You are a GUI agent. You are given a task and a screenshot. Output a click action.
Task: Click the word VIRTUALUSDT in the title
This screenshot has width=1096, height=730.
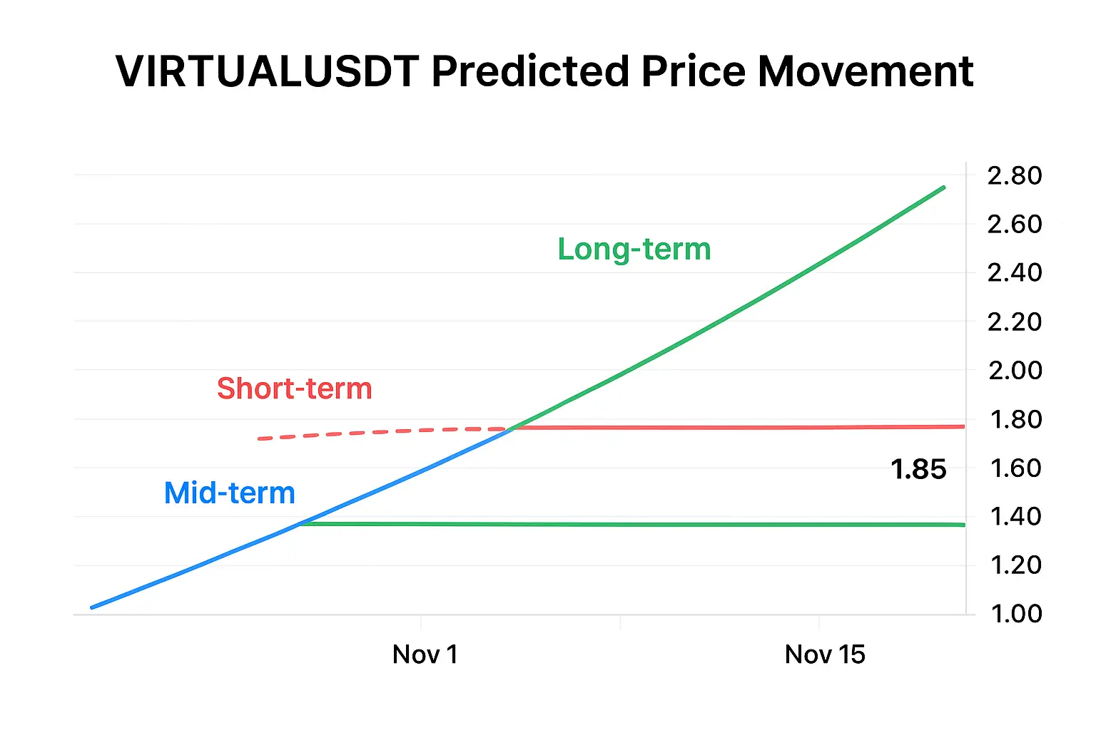pos(267,71)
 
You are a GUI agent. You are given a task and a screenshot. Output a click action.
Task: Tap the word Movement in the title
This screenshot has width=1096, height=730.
pos(865,71)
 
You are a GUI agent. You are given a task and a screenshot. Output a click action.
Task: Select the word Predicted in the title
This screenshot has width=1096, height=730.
pos(530,71)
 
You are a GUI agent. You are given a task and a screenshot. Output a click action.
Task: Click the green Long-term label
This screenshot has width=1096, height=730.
pos(634,250)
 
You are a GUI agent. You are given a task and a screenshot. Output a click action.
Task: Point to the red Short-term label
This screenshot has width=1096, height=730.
pos(294,389)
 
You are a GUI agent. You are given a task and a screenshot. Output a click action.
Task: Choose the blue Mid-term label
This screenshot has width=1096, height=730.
pos(229,493)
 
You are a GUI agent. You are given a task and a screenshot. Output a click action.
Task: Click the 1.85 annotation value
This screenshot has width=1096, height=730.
pos(918,470)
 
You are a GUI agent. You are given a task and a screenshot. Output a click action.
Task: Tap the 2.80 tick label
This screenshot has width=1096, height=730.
pos(1014,175)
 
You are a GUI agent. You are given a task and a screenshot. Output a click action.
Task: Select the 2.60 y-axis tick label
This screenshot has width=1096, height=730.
pos(1014,224)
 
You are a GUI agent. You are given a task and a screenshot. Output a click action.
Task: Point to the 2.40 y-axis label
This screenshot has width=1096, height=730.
pos(1014,272)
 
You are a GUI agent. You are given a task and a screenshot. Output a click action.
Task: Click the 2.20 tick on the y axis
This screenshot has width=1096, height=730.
pos(1014,322)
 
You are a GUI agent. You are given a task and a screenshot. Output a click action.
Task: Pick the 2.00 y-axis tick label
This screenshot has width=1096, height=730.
pos(1014,370)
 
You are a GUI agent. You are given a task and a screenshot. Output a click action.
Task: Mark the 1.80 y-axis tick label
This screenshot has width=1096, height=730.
pos(1015,419)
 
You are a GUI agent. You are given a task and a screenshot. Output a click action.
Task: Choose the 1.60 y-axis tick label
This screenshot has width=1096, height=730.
pos(1015,468)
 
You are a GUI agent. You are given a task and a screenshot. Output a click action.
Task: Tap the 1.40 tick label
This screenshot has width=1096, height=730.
pos(1015,516)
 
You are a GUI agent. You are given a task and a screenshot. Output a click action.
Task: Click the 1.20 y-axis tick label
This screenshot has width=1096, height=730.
pos(1015,565)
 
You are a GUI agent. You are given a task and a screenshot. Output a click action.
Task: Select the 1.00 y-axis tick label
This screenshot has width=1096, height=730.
pos(1015,614)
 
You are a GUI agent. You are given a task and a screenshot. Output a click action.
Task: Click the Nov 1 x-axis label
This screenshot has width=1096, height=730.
pos(425,654)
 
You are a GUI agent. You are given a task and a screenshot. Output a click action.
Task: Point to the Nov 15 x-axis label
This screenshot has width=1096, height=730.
pos(824,654)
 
